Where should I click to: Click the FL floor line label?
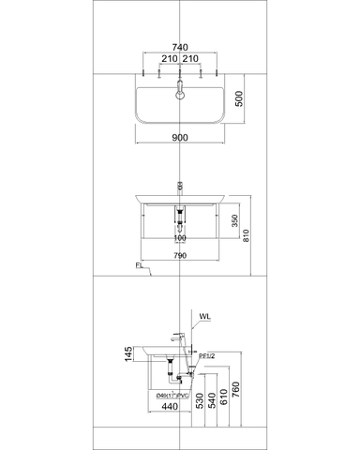click(138, 268)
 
